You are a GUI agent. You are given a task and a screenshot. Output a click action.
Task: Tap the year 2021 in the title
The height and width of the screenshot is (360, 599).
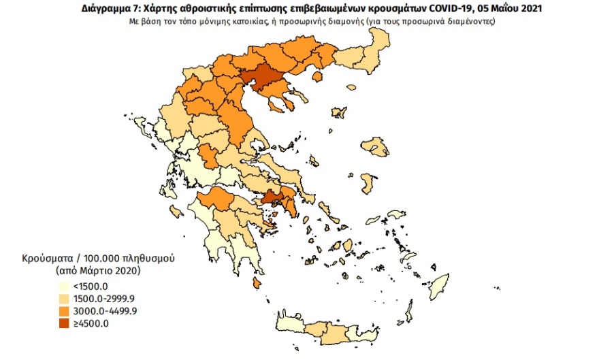(531, 8)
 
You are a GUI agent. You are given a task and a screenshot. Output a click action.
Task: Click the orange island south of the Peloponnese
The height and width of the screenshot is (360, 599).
(256, 282)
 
